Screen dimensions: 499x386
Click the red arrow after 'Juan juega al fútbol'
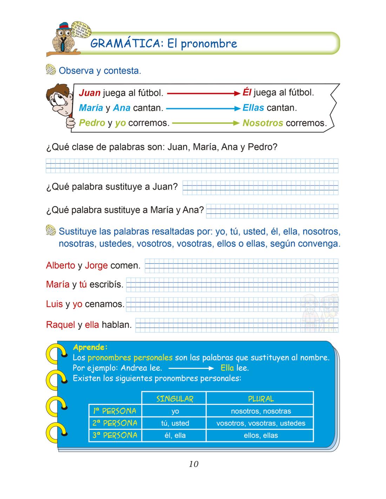(203, 93)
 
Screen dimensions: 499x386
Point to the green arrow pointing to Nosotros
(206, 123)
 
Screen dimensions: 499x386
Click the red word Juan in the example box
(89, 93)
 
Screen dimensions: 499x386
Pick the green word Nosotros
(262, 123)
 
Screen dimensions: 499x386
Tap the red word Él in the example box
(247, 93)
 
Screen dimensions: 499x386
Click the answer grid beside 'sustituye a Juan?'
(260, 188)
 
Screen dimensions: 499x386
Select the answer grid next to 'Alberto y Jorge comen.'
(241, 266)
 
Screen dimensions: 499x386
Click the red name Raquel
(60, 325)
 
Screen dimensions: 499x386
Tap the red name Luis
(54, 304)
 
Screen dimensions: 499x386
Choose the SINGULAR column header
(175, 399)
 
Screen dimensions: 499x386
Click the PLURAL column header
(260, 399)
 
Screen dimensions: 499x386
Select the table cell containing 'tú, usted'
(175, 424)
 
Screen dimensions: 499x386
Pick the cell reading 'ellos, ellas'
(260, 436)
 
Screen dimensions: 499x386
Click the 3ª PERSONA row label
(115, 435)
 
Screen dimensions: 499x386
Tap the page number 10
(193, 464)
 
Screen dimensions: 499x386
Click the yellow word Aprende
(90, 347)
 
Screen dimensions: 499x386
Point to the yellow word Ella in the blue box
(227, 368)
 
